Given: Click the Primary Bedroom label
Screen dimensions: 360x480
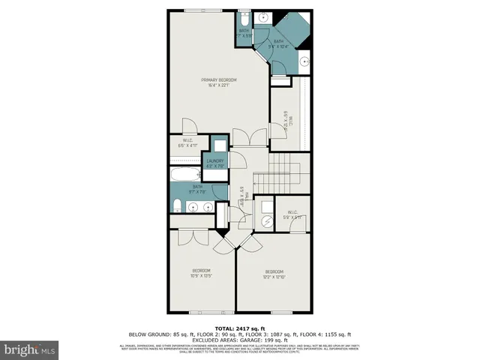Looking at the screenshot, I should point(218,82).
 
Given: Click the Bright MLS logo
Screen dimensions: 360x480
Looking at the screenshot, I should point(29,349).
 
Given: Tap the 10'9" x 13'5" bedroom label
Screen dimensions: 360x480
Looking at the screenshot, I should point(201,273).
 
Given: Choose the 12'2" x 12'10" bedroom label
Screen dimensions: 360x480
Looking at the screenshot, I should point(274,274).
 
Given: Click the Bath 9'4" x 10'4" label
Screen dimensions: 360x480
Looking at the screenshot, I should point(278,44).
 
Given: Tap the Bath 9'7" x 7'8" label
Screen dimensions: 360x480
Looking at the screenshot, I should point(198,188).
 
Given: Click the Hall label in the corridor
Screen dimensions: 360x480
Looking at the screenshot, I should point(244,197).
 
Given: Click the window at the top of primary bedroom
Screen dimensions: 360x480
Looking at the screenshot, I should point(202,10).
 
